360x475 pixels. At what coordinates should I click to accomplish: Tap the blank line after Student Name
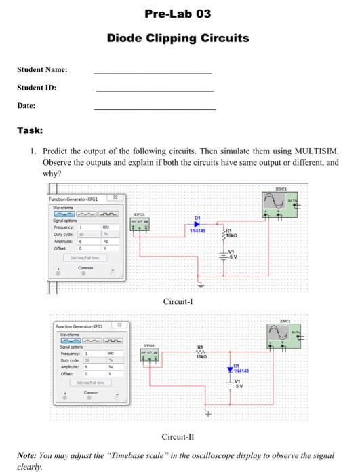pyautogui.click(x=153, y=71)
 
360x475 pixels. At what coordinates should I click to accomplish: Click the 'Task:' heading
pyautogui.click(x=30, y=130)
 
